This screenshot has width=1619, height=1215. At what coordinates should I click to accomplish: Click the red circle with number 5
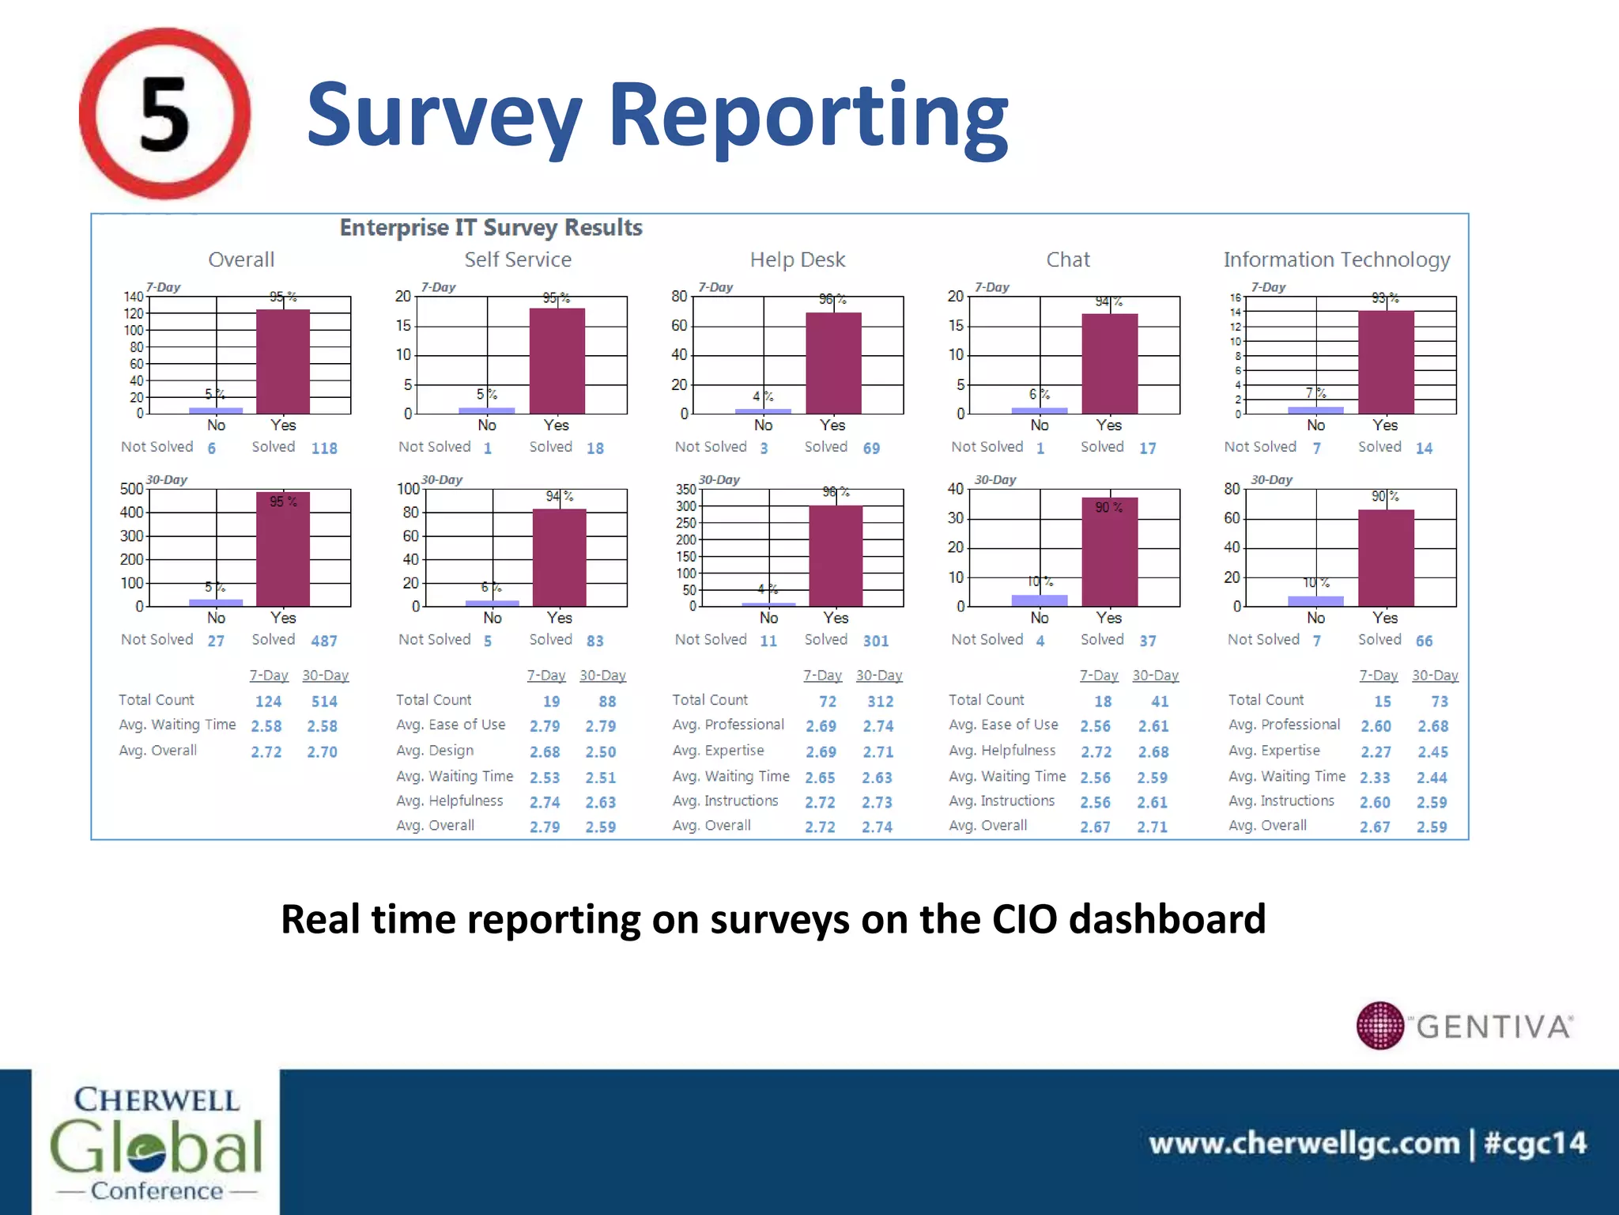click(164, 113)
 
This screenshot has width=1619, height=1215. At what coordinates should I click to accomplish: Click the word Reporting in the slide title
click(808, 116)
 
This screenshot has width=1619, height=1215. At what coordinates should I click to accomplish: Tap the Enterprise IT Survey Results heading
click(490, 228)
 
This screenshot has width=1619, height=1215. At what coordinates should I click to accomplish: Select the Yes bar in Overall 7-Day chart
click(282, 361)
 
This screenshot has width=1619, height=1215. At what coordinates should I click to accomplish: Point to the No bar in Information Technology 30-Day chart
click(1315, 601)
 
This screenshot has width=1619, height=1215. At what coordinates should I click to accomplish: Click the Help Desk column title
click(797, 259)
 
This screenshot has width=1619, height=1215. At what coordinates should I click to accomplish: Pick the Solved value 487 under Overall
click(324, 641)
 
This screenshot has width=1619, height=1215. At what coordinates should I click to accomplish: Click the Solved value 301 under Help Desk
click(875, 641)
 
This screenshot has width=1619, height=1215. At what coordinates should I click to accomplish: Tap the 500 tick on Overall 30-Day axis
click(131, 489)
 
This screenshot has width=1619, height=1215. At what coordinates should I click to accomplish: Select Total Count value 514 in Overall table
click(324, 702)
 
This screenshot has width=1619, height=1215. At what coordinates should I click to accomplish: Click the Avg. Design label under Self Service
click(435, 750)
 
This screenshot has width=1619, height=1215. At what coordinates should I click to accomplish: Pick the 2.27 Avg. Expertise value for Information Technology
click(1376, 751)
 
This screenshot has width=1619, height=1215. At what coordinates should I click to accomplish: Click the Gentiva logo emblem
click(1380, 1025)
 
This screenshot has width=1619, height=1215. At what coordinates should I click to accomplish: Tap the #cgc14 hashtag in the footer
click(1534, 1143)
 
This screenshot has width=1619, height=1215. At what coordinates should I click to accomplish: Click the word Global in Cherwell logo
click(156, 1146)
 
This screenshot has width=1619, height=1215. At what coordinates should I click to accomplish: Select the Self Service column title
click(517, 259)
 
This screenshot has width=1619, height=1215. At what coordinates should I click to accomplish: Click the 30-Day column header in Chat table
click(1155, 676)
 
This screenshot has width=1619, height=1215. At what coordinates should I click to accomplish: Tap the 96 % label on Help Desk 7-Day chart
click(832, 299)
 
